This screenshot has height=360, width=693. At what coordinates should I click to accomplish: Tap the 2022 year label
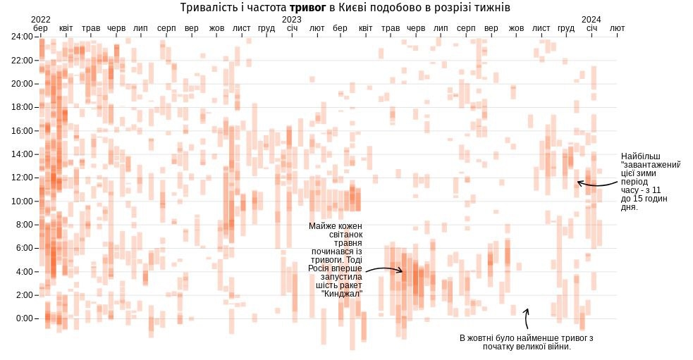coord(41,19)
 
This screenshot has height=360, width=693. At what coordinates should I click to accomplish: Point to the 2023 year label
coord(291,19)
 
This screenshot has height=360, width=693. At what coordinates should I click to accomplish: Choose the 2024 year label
coord(591,19)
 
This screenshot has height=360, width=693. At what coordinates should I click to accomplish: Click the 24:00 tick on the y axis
coord(24,37)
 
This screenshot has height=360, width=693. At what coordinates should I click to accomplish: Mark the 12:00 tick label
coord(24,178)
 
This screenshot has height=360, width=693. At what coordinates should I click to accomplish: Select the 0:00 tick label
coord(26,318)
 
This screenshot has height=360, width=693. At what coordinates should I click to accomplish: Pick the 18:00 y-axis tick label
coord(24,107)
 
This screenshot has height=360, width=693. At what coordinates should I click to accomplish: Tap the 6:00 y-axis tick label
coord(26,248)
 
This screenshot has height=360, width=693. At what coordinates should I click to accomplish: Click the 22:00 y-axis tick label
coord(24,60)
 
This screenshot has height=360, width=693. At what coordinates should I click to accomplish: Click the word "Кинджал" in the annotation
coord(341,294)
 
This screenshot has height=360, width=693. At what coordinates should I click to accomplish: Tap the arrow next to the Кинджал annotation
coord(384,269)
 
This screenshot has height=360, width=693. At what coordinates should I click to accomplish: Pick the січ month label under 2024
coord(591,28)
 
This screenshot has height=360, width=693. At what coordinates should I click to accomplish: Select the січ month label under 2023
coord(292,28)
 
